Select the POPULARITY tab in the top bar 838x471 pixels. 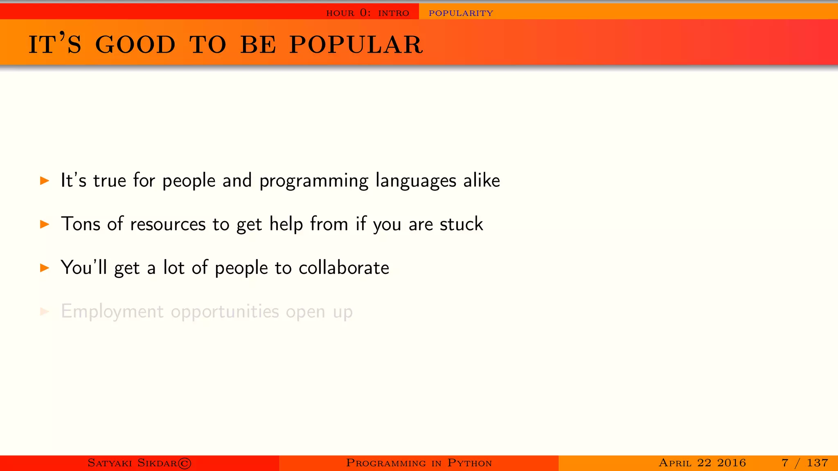pyautogui.click(x=461, y=13)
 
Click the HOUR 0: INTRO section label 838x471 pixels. pyautogui.click(x=367, y=13)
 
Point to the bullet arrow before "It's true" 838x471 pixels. pyautogui.click(x=45, y=180)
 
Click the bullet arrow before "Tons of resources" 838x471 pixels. pyautogui.click(x=45, y=224)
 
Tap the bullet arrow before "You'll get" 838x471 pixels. pyautogui.click(x=45, y=268)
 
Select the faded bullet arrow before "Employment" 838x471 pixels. pyautogui.click(x=45, y=312)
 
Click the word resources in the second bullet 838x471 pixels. pyautogui.click(x=168, y=224)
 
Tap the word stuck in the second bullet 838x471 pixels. pyautogui.click(x=461, y=224)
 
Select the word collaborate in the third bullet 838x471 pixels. pyautogui.click(x=344, y=268)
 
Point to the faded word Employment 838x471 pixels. pyautogui.click(x=112, y=312)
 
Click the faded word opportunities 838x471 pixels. pyautogui.click(x=225, y=312)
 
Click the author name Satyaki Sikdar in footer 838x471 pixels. pyautogui.click(x=132, y=463)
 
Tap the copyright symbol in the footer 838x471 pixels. pyautogui.click(x=185, y=463)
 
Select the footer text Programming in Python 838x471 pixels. pyautogui.click(x=419, y=463)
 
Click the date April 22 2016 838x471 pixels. pyautogui.click(x=702, y=463)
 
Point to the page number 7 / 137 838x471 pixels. pyautogui.click(x=804, y=463)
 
